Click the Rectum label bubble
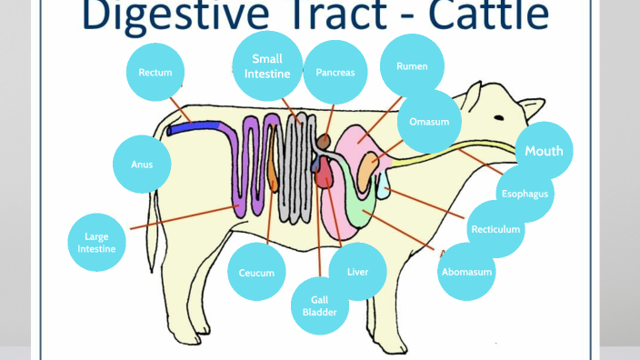[x=155, y=72]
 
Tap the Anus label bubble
[x=142, y=165]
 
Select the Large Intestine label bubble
[x=96, y=243]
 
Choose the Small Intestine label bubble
[x=267, y=65]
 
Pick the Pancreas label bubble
[x=335, y=72]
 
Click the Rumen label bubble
[x=411, y=66]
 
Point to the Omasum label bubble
[x=429, y=121]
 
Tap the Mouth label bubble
[x=545, y=151]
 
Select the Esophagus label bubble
[x=525, y=194]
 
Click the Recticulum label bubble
[x=496, y=229]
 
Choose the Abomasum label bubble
[x=467, y=272]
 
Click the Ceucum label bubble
[x=256, y=273]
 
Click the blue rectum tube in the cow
[x=195, y=129]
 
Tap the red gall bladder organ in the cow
[x=325, y=175]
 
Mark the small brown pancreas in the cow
[x=324, y=143]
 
